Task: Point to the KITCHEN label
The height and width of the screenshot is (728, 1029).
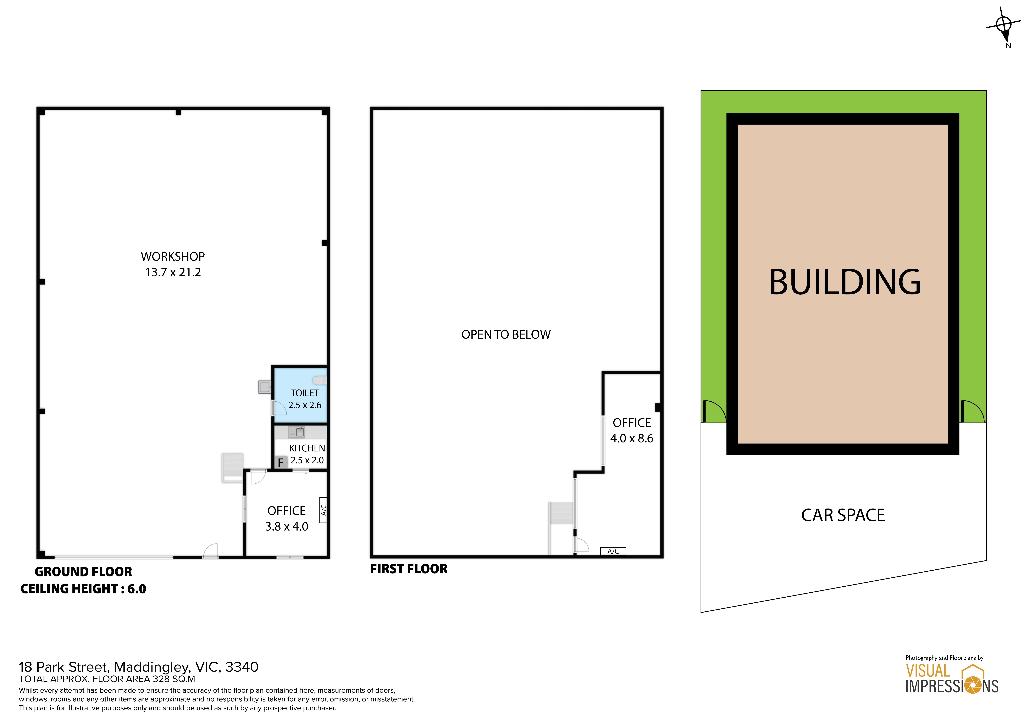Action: pyautogui.click(x=307, y=448)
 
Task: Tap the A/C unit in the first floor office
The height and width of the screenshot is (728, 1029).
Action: pyautogui.click(x=613, y=551)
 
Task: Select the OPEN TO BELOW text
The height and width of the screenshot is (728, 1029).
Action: pyautogui.click(x=506, y=334)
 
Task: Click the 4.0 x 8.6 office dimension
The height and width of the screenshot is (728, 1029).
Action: pyautogui.click(x=632, y=438)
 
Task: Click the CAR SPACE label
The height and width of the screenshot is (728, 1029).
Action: pyautogui.click(x=843, y=515)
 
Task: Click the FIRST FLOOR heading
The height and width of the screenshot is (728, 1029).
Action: pyautogui.click(x=409, y=569)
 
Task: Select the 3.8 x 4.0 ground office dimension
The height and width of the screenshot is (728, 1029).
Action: pyautogui.click(x=287, y=527)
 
